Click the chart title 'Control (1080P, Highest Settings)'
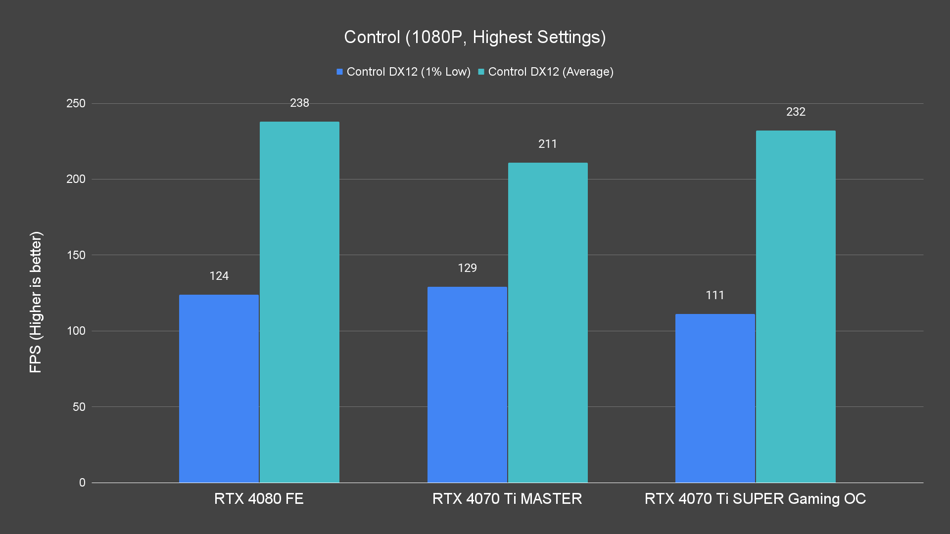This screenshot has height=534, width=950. pyautogui.click(x=475, y=37)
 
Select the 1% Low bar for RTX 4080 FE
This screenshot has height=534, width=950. pyautogui.click(x=219, y=389)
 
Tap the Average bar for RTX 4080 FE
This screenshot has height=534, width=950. pyautogui.click(x=299, y=302)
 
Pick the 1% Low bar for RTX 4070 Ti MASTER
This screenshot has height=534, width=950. pyautogui.click(x=467, y=385)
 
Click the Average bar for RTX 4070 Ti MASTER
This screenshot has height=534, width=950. pyautogui.click(x=548, y=322)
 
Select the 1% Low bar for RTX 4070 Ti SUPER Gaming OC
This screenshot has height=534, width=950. pyautogui.click(x=715, y=398)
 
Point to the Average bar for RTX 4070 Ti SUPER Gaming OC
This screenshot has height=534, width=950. pyautogui.click(x=796, y=307)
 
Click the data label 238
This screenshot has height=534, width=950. pyautogui.click(x=299, y=103)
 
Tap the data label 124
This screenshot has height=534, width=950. pyautogui.click(x=219, y=276)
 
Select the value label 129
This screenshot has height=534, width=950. pyautogui.click(x=467, y=268)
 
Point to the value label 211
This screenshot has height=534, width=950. pyautogui.click(x=548, y=144)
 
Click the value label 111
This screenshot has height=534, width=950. pyautogui.click(x=715, y=295)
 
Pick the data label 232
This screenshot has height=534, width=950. pyautogui.click(x=796, y=112)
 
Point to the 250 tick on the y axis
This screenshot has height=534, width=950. pyautogui.click(x=76, y=103)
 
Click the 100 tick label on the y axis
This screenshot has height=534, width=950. pyautogui.click(x=76, y=331)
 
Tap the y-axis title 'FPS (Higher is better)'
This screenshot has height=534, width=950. pyautogui.click(x=36, y=302)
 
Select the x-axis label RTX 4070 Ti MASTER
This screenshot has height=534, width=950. pyautogui.click(x=507, y=498)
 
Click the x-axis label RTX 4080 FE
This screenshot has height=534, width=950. pyautogui.click(x=259, y=498)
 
